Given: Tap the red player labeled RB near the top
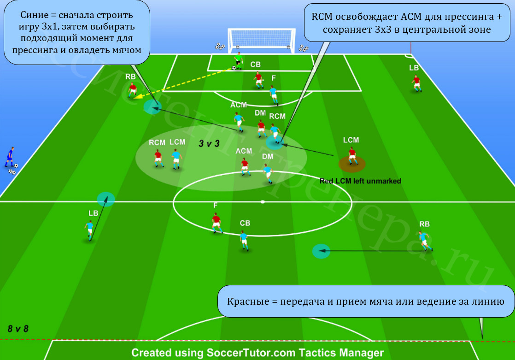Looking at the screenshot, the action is (x=132, y=90).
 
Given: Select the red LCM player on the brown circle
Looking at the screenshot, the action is (x=352, y=156).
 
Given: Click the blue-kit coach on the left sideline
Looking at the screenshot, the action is (x=10, y=157).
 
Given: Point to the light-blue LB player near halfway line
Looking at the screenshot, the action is (x=89, y=230).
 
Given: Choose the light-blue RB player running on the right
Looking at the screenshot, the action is (x=425, y=241).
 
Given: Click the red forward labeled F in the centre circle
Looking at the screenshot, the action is (x=217, y=223).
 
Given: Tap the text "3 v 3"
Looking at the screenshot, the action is (x=209, y=143).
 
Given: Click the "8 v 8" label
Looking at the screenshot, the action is (x=18, y=329).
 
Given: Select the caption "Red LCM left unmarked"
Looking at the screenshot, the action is (x=360, y=181).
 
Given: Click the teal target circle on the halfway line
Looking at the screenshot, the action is (x=106, y=199).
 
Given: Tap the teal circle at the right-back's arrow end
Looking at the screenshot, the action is (x=321, y=251).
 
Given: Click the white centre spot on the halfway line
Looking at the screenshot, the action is (x=263, y=202).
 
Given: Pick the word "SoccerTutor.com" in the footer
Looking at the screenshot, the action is (x=251, y=353).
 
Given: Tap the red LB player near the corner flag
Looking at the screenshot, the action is (x=416, y=83).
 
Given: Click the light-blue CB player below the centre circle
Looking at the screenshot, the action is (x=244, y=240).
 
